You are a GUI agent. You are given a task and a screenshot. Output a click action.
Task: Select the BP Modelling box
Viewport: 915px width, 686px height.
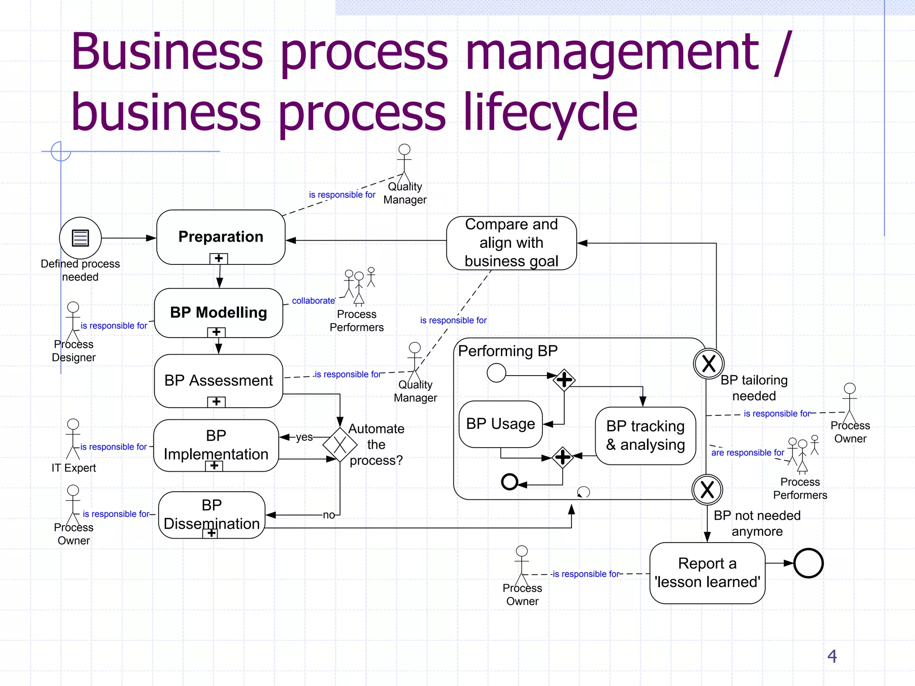pyautogui.click(x=218, y=312)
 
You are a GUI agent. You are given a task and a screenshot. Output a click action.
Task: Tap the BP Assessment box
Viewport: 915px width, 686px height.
pyautogui.click(x=218, y=381)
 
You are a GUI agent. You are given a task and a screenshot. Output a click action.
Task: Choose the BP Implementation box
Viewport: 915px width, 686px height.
pyautogui.click(x=216, y=445)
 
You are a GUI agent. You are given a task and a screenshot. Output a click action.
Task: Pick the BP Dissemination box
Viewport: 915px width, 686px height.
pyautogui.click(x=212, y=514)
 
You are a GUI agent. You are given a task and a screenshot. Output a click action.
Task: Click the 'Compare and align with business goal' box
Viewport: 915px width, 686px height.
pyautogui.click(x=511, y=243)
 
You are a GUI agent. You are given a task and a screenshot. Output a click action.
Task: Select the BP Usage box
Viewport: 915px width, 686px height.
pyautogui.click(x=500, y=424)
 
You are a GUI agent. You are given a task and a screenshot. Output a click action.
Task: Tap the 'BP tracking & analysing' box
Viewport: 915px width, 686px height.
pyautogui.click(x=645, y=435)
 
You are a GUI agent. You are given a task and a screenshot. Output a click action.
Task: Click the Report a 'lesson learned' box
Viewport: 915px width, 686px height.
pyautogui.click(x=707, y=573)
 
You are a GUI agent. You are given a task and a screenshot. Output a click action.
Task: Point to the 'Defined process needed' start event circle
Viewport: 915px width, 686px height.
pyautogui.click(x=80, y=238)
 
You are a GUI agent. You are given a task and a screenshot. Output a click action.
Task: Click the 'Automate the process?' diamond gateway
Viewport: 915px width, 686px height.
pyautogui.click(x=340, y=444)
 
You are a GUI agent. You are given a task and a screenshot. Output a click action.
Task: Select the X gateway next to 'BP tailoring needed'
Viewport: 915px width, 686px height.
pyautogui.click(x=709, y=364)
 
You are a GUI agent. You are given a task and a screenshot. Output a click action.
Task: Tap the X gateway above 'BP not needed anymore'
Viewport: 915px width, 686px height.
pyautogui.click(x=707, y=489)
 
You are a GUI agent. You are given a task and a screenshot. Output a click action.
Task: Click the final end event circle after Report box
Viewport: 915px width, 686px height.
pyautogui.click(x=809, y=564)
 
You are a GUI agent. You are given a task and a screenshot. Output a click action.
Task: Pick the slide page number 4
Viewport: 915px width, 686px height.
pyautogui.click(x=832, y=656)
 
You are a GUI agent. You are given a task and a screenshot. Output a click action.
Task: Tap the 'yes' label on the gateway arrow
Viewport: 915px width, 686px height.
pyautogui.click(x=304, y=437)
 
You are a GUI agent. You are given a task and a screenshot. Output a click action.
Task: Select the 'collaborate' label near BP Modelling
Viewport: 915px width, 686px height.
pyautogui.click(x=313, y=301)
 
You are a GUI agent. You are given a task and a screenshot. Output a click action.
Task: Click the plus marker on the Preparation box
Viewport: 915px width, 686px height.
pyautogui.click(x=218, y=259)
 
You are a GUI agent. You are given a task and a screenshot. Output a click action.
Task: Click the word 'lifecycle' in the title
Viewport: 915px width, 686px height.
pyautogui.click(x=550, y=113)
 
